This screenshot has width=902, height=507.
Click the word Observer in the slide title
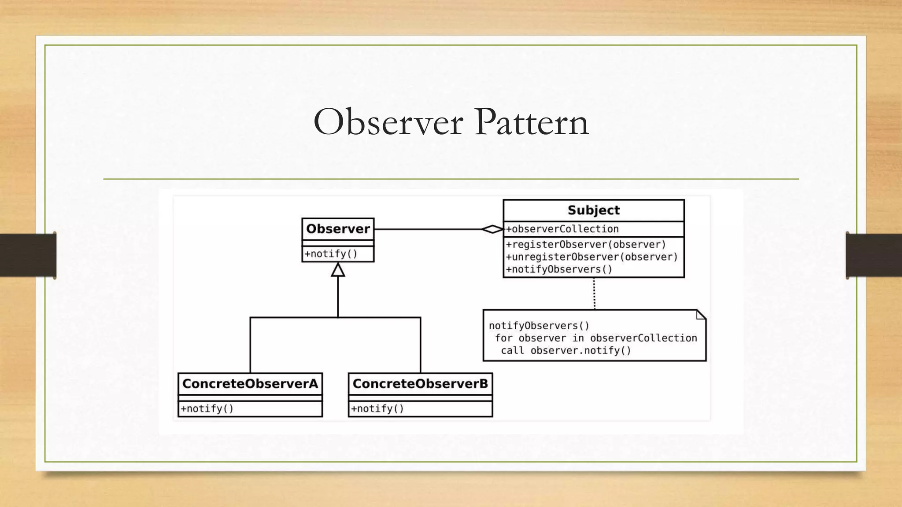(x=388, y=122)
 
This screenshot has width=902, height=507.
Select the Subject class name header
(x=593, y=210)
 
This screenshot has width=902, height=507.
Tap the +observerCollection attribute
(x=562, y=229)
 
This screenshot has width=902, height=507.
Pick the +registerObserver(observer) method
(x=586, y=245)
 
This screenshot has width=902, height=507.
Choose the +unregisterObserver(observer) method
(x=591, y=257)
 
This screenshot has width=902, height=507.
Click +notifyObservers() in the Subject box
(x=559, y=269)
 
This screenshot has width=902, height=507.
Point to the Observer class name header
(x=338, y=229)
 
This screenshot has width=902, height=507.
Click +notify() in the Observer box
(x=331, y=254)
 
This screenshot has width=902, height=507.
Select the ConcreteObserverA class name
(x=250, y=384)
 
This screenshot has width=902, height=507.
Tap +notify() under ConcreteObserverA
(x=207, y=409)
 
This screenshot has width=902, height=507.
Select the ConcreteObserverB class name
(x=420, y=384)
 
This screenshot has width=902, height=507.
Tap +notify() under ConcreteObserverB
(x=377, y=409)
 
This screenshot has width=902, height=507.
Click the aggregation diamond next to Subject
(x=492, y=229)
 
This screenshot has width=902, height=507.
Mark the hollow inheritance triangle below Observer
(x=338, y=270)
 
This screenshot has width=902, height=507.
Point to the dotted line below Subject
(x=594, y=294)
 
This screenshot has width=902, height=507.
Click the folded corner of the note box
(x=701, y=314)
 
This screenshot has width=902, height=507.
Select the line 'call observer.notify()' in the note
(x=566, y=351)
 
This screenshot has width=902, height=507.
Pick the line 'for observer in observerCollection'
(x=595, y=338)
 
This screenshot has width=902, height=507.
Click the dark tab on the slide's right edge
(x=874, y=255)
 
